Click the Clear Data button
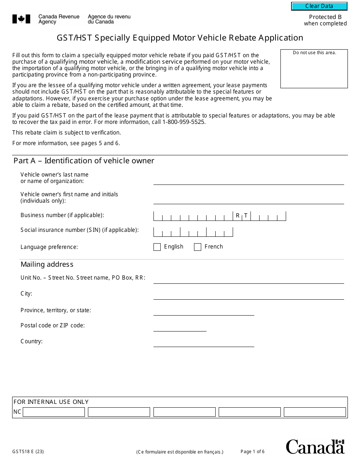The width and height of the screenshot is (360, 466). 319,6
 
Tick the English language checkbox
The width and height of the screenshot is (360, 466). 157,247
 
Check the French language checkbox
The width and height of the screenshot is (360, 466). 197,247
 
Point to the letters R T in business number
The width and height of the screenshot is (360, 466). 242,216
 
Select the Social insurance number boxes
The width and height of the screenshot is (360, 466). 193,232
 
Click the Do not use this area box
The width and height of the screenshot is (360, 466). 314,69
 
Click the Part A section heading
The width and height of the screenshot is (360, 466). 84,161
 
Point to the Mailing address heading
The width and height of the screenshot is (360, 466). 47,264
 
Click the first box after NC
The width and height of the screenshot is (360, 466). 54,412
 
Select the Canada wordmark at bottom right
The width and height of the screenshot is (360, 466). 315,447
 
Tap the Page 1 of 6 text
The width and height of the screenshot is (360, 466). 252,452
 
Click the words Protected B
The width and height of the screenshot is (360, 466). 325,17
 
